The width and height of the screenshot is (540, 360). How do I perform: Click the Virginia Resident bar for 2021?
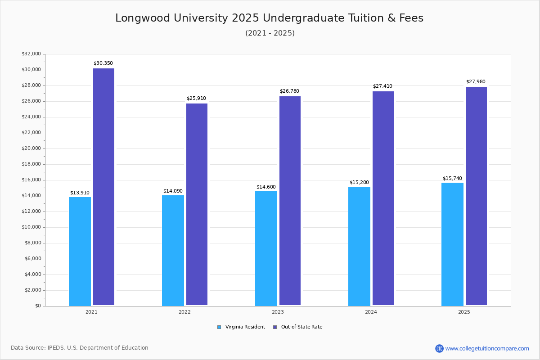80,252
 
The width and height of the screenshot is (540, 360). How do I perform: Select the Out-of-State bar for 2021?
103,187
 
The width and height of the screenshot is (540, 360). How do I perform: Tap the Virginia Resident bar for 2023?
266,248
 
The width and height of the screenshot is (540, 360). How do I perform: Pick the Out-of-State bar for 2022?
197,204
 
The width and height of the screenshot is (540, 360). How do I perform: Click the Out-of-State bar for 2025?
476,196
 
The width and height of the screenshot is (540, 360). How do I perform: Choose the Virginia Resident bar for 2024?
359,247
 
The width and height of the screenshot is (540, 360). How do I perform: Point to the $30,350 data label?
103,63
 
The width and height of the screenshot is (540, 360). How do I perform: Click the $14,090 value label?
173,191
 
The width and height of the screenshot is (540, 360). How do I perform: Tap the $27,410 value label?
382,86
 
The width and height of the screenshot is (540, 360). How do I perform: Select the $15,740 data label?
452,179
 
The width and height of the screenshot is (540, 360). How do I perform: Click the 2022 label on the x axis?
184,312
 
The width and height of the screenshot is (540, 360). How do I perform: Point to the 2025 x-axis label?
464,312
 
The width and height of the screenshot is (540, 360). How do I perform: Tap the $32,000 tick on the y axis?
31,54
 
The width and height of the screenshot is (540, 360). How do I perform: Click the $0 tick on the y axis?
38,306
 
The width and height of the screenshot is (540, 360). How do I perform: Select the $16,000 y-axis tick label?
31,180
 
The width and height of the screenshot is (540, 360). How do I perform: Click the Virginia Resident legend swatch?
219,327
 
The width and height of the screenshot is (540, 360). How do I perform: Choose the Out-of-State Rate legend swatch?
275,327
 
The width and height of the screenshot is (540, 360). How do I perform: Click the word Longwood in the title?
143,18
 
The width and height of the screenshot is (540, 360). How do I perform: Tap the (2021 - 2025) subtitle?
270,33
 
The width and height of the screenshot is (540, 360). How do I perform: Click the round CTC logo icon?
439,348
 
